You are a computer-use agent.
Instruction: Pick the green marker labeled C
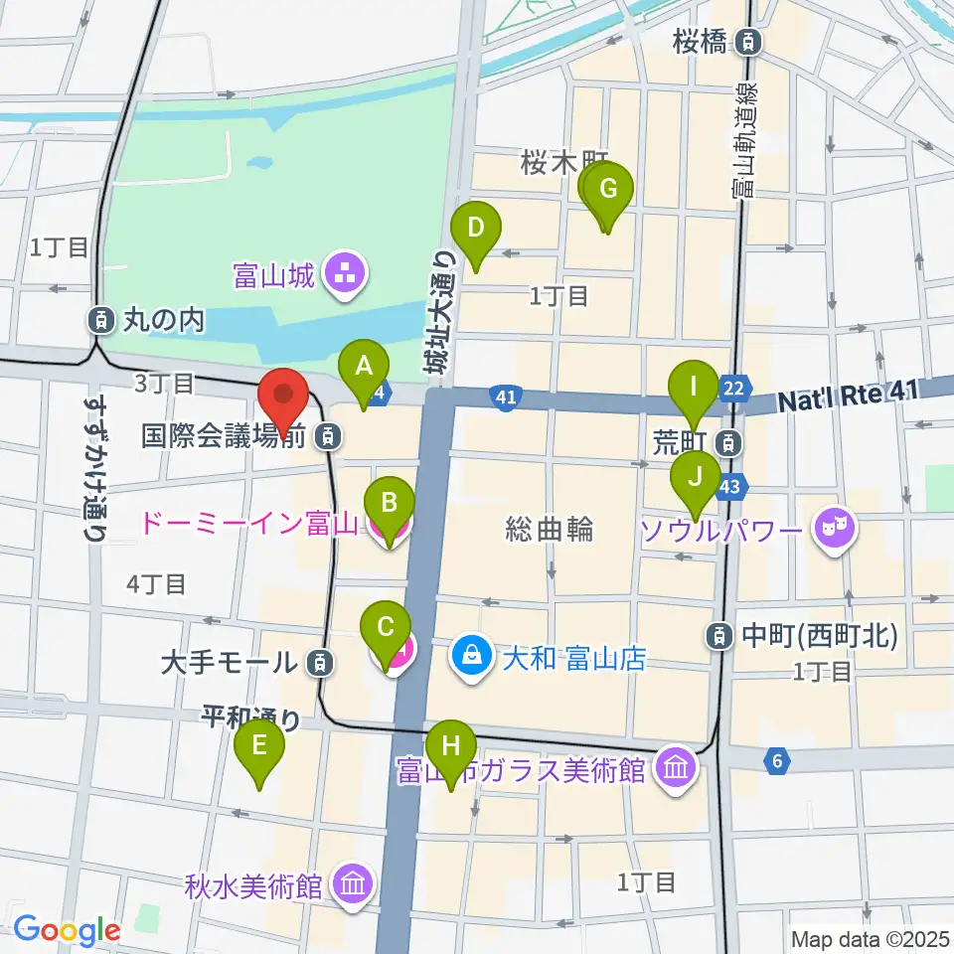click(387, 629)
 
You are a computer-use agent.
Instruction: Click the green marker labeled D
click(476, 229)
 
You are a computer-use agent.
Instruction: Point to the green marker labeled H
click(451, 746)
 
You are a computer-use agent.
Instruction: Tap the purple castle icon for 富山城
click(345, 271)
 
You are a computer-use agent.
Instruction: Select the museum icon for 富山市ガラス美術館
click(675, 768)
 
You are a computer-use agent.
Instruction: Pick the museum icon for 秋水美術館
click(351, 881)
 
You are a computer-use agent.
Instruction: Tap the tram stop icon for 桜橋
click(751, 41)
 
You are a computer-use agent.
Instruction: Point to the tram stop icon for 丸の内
click(99, 320)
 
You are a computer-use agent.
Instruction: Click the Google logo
click(67, 929)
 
